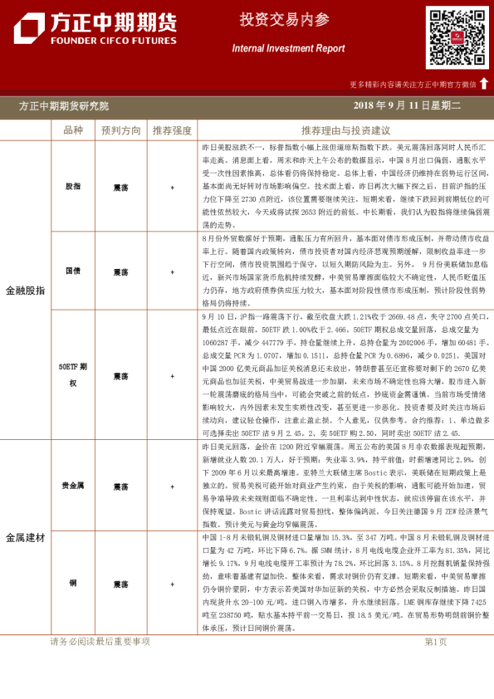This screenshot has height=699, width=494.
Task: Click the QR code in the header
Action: coord(457,38)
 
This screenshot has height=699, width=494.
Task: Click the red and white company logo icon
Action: coord(29,29)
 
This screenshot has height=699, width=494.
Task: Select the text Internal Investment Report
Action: coord(288,49)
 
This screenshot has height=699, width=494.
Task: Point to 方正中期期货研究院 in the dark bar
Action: coord(64,106)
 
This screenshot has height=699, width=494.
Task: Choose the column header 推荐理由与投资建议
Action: coord(345,130)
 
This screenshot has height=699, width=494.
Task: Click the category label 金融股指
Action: coord(26,291)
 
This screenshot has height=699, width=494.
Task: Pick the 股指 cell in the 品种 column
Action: coord(74,188)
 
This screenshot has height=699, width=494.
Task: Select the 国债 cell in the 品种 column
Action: coord(74,271)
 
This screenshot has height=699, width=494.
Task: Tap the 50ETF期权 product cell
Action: coord(74,374)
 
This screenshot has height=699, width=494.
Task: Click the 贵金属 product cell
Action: coord(74,486)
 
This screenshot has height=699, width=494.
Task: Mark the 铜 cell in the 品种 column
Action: coord(74,584)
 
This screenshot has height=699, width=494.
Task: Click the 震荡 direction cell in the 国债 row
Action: coord(121,271)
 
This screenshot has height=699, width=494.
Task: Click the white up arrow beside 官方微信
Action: coord(484,84)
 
